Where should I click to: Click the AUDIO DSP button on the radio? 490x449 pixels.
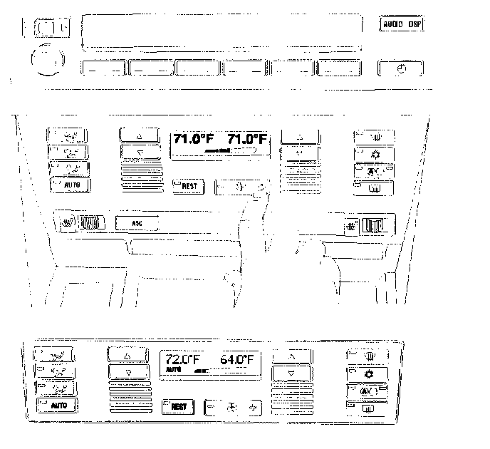[x=402, y=24]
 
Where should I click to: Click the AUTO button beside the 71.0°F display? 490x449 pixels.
[x=70, y=185]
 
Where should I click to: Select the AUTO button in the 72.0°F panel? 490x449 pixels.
[x=58, y=406]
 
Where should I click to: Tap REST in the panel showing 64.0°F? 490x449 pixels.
[x=178, y=407]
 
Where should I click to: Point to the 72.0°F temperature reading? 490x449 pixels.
[x=182, y=359]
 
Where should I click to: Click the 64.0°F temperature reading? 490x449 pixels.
[x=237, y=359]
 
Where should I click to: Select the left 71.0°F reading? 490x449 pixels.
[x=194, y=139]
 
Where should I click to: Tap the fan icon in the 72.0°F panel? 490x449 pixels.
[x=230, y=408]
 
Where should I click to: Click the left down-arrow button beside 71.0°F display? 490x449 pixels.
[x=140, y=152]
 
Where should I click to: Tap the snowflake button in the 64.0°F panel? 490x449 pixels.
[x=368, y=373]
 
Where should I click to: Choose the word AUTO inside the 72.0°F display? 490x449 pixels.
[x=173, y=371]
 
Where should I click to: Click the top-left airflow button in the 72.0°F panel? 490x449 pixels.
[x=58, y=354]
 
